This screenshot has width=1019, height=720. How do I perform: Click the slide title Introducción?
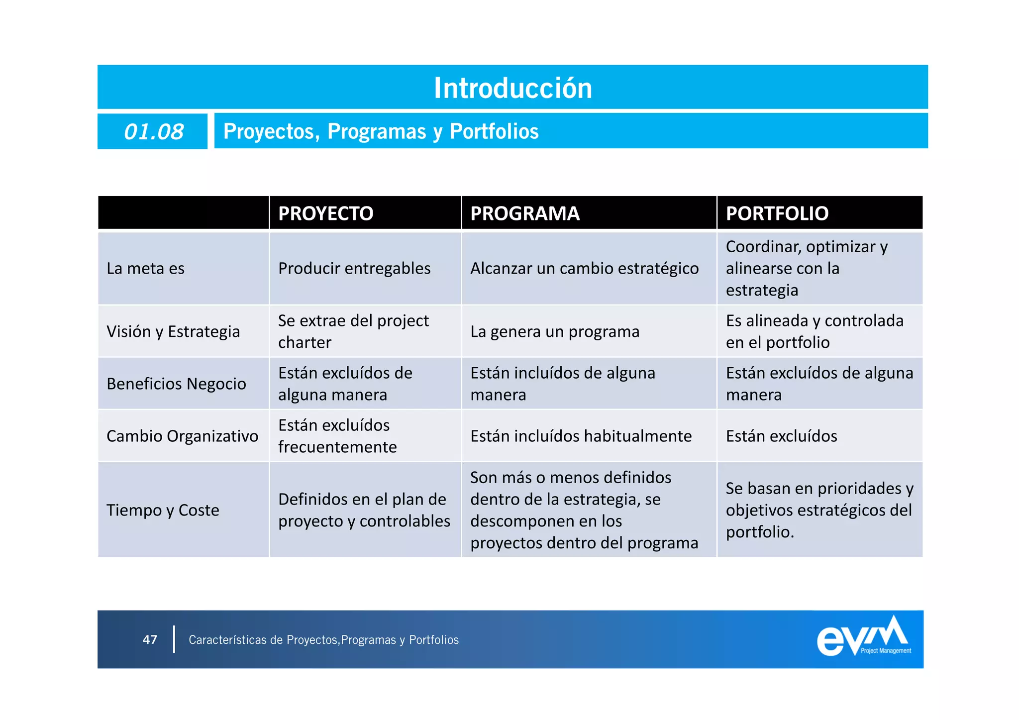coord(513,88)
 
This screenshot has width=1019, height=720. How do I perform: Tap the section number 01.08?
coord(153,132)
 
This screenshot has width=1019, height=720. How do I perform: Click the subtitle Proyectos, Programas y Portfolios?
coord(381,131)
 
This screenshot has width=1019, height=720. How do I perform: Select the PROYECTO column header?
coord(325,213)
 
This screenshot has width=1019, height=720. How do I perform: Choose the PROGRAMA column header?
coord(525,213)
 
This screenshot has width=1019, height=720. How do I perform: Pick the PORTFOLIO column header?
coord(777,213)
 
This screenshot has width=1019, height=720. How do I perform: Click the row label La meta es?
coord(145,269)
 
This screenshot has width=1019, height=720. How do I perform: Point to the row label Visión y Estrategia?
coord(173,331)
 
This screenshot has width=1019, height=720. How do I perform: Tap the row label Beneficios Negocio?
coord(176,384)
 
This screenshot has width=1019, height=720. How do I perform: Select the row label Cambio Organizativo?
coord(182,436)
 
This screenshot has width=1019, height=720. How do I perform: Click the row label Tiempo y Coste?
coord(163,510)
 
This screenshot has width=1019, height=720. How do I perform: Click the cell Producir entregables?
coord(354,269)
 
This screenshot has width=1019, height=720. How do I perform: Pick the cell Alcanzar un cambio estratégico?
coord(584,269)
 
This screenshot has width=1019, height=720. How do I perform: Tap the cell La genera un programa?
coord(555,331)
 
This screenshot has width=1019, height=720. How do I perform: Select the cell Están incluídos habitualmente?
coord(581,436)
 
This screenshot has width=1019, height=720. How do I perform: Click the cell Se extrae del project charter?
coord(353,331)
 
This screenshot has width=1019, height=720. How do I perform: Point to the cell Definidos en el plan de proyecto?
coord(364,510)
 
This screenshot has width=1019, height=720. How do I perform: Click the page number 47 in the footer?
coord(150,639)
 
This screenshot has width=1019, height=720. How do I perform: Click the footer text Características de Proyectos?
coord(323,640)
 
